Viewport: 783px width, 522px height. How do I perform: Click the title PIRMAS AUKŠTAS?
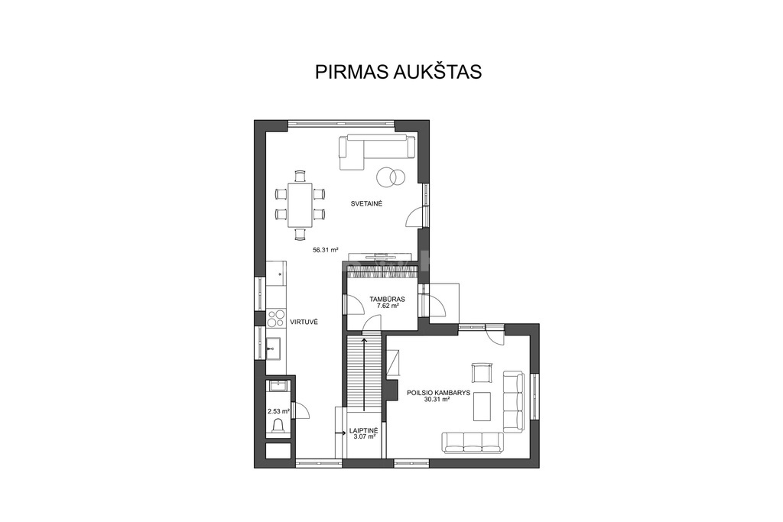pyautogui.click(x=398, y=71)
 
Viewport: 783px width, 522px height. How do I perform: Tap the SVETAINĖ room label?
pyautogui.click(x=366, y=203)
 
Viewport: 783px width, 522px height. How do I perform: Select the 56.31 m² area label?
pyautogui.click(x=326, y=250)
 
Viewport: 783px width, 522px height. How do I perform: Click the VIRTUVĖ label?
pyautogui.click(x=304, y=323)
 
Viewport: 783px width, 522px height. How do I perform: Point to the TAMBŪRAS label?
pyautogui.click(x=387, y=300)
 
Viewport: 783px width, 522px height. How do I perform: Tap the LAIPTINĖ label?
pyautogui.click(x=364, y=430)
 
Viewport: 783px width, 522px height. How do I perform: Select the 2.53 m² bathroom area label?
pyautogui.click(x=278, y=412)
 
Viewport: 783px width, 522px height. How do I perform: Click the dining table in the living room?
pyautogui.click(x=300, y=205)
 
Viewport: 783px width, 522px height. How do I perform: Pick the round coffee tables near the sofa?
pyautogui.click(x=391, y=176)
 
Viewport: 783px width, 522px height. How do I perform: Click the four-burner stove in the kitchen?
pyautogui.click(x=275, y=319)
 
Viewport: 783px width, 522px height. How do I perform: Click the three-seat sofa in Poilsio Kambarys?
pyautogui.click(x=472, y=443)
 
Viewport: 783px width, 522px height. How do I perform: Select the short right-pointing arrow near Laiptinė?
pyautogui.click(x=341, y=433)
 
